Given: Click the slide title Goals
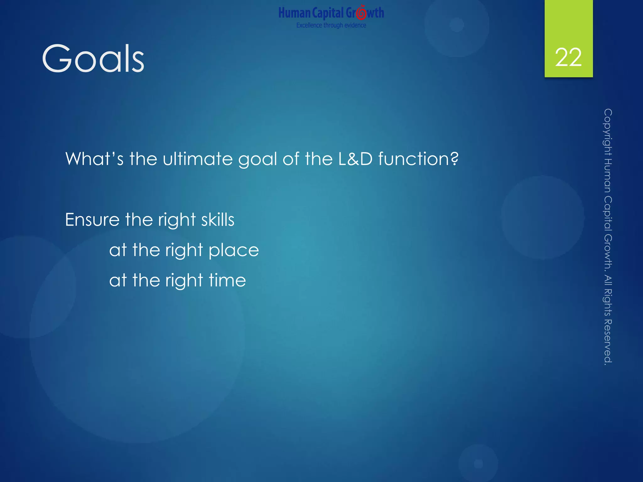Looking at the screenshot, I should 93,59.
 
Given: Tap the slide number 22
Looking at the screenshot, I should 568,58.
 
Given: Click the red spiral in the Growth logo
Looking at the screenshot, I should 361,13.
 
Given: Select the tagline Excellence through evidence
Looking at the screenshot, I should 331,25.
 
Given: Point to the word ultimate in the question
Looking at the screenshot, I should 197,159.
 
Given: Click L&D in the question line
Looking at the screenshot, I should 355,159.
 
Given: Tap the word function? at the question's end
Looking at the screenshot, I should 418,159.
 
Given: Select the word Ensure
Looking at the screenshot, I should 92,220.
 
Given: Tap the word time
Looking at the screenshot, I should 227,280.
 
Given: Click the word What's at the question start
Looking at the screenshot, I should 94,159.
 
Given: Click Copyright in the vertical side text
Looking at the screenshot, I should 608,132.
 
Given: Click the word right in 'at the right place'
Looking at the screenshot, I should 184,250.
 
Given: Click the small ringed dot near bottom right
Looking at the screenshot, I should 478,463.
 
